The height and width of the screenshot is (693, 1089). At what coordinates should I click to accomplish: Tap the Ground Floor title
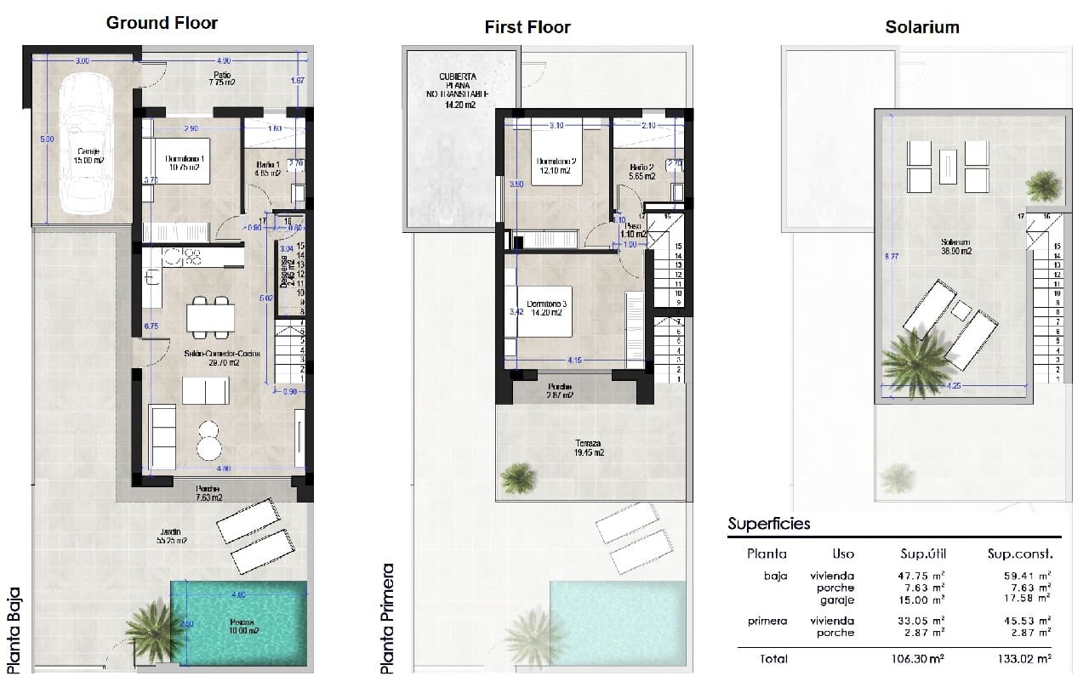(x=162, y=23)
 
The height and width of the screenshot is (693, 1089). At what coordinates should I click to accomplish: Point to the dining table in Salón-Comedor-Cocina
(x=210, y=318)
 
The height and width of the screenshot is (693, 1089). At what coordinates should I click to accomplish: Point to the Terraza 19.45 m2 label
(x=587, y=448)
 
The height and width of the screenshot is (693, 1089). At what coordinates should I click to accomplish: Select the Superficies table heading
(x=769, y=524)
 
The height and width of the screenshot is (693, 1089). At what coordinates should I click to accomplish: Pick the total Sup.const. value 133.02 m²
(x=1019, y=658)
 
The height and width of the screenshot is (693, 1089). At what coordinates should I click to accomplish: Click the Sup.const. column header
(x=1019, y=554)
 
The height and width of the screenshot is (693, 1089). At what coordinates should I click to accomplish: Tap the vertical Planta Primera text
(x=388, y=618)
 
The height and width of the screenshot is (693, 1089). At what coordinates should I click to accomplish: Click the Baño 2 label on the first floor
(x=642, y=172)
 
